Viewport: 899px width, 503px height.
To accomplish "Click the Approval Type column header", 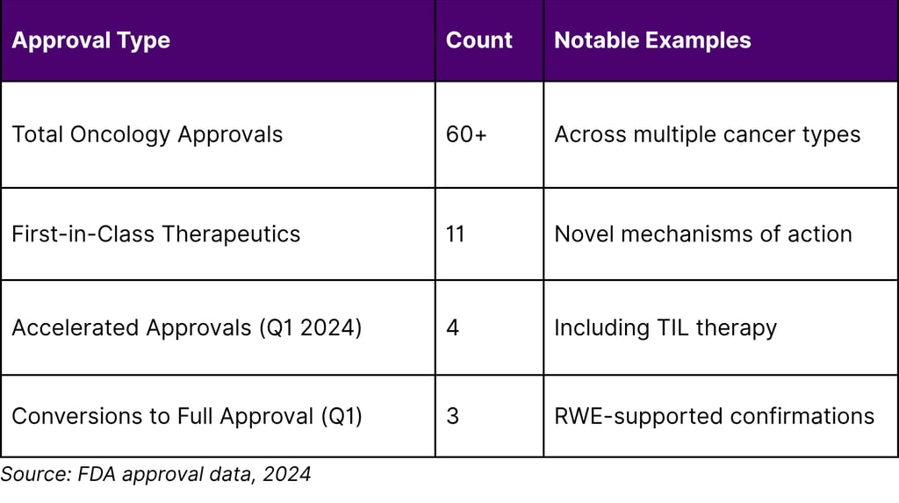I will [90, 40].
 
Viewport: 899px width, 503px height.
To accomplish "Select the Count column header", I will [478, 40].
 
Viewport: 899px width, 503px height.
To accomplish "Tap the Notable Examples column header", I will [652, 40].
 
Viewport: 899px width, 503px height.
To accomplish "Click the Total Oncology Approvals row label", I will [147, 134].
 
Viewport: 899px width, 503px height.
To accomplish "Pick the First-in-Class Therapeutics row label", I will [155, 234].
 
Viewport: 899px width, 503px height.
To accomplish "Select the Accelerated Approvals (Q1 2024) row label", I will [186, 327].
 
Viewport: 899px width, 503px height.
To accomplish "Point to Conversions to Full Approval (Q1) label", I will [186, 415].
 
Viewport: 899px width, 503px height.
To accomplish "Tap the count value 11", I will [456, 234].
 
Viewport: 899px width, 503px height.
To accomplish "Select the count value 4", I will [453, 327].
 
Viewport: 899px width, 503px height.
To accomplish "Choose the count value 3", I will [453, 415].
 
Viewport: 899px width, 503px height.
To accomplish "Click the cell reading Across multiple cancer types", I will [707, 134].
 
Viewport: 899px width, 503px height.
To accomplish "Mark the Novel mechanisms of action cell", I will [702, 234].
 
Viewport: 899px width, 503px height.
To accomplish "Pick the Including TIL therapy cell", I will [665, 327].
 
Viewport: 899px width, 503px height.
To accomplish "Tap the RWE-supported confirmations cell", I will [714, 415].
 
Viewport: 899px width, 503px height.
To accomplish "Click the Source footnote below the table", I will [155, 475].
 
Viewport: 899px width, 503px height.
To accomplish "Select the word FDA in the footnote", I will [93, 475].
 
